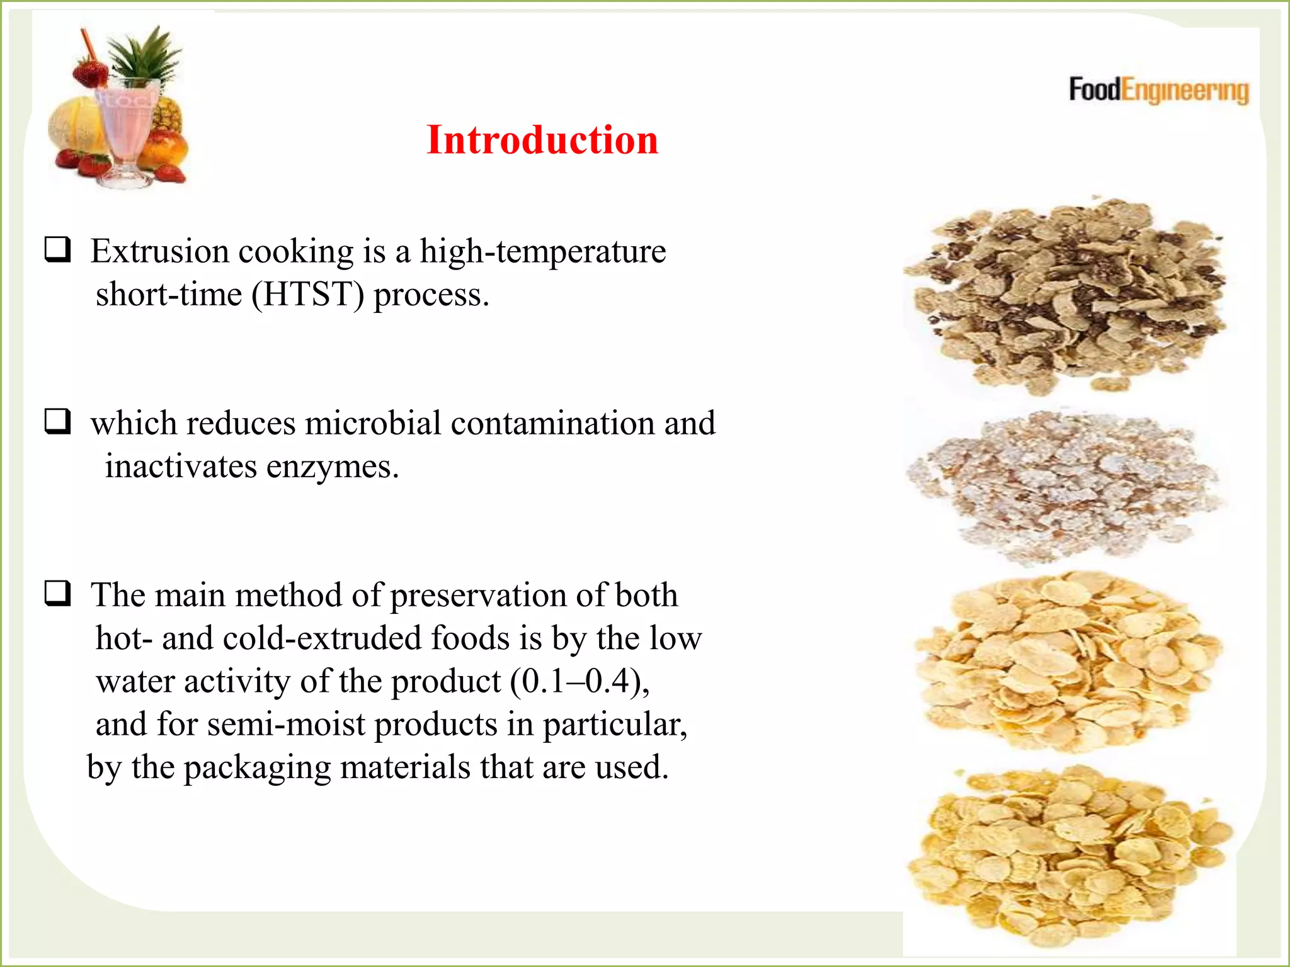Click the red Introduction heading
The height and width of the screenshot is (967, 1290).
click(542, 140)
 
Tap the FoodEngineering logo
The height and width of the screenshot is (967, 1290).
click(1158, 91)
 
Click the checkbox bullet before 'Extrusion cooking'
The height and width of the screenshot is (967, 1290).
click(57, 250)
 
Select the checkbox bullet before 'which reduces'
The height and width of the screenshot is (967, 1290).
click(57, 421)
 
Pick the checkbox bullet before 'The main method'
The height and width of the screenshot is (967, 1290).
click(57, 593)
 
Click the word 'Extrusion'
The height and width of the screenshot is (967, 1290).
click(159, 251)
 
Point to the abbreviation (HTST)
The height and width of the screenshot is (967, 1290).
click(307, 295)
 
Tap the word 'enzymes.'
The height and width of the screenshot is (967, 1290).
click(333, 467)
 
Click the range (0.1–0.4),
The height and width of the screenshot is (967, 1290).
click(579, 682)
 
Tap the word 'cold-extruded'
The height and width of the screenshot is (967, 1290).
click(322, 638)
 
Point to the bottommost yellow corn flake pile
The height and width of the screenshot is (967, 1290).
click(1067, 856)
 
